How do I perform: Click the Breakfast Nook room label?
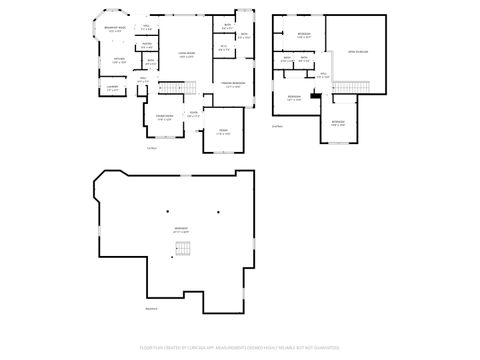point(115,29)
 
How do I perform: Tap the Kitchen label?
point(119,61)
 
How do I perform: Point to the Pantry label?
point(146,44)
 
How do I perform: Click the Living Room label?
point(186,55)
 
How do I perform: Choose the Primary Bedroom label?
point(234,85)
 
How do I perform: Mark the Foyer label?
point(194,113)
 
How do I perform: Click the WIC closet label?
point(223,46)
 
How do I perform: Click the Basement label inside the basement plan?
point(181,229)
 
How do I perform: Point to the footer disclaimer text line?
point(240,347)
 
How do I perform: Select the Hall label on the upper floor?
point(322,74)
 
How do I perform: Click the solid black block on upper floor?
point(315,95)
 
